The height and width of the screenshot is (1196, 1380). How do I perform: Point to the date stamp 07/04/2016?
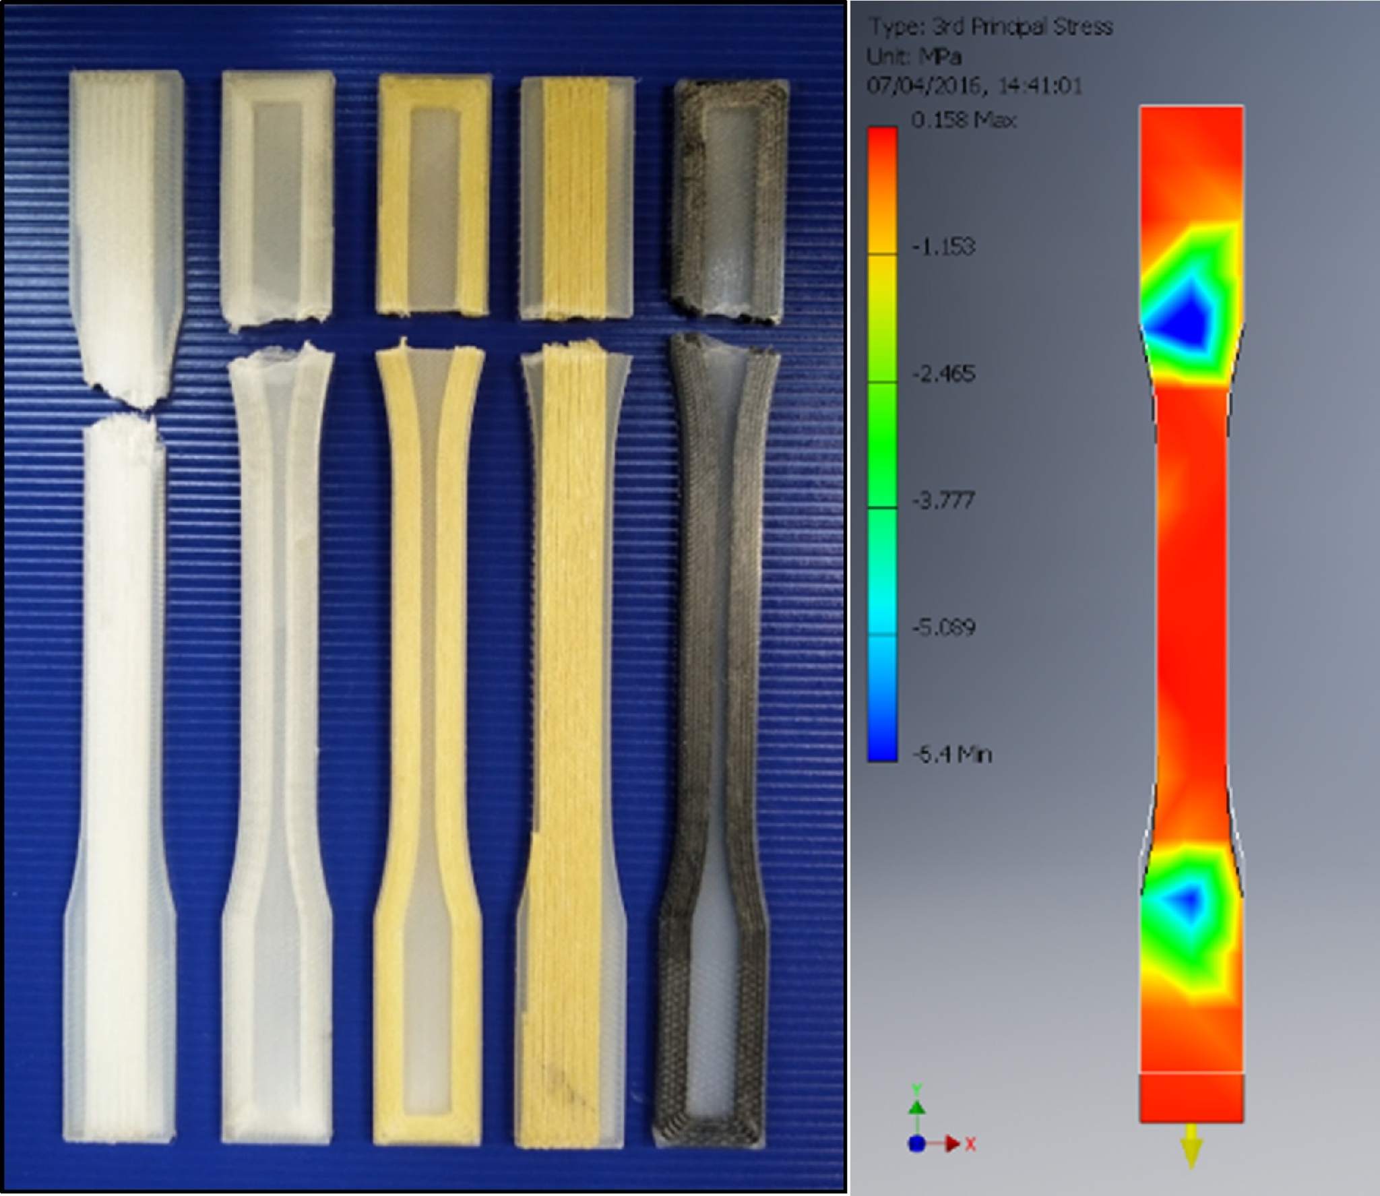(x=917, y=86)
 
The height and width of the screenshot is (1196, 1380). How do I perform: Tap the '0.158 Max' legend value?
(x=964, y=121)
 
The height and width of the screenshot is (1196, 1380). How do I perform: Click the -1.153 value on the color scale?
(x=943, y=247)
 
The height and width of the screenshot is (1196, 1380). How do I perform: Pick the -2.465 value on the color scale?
(x=943, y=373)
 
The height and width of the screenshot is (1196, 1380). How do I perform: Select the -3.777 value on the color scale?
(x=943, y=501)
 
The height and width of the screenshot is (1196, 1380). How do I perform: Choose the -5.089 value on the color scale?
(x=943, y=628)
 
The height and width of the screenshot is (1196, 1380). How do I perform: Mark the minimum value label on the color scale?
(x=951, y=755)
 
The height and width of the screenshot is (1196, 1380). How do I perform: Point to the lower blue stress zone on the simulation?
(x=1187, y=898)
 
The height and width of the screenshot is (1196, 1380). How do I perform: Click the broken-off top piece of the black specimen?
(x=730, y=195)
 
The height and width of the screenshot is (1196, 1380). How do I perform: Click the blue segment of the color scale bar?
(x=882, y=728)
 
